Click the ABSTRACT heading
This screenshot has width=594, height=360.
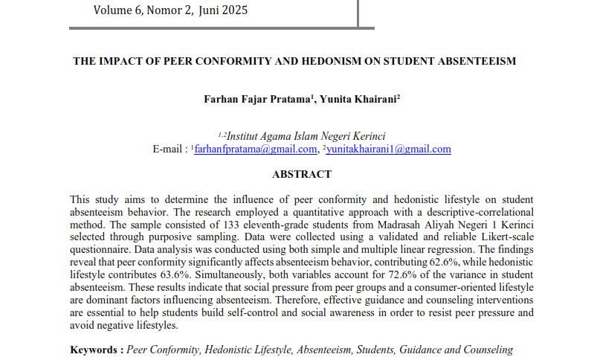click(302, 174)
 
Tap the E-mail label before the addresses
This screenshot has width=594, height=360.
click(170, 149)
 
